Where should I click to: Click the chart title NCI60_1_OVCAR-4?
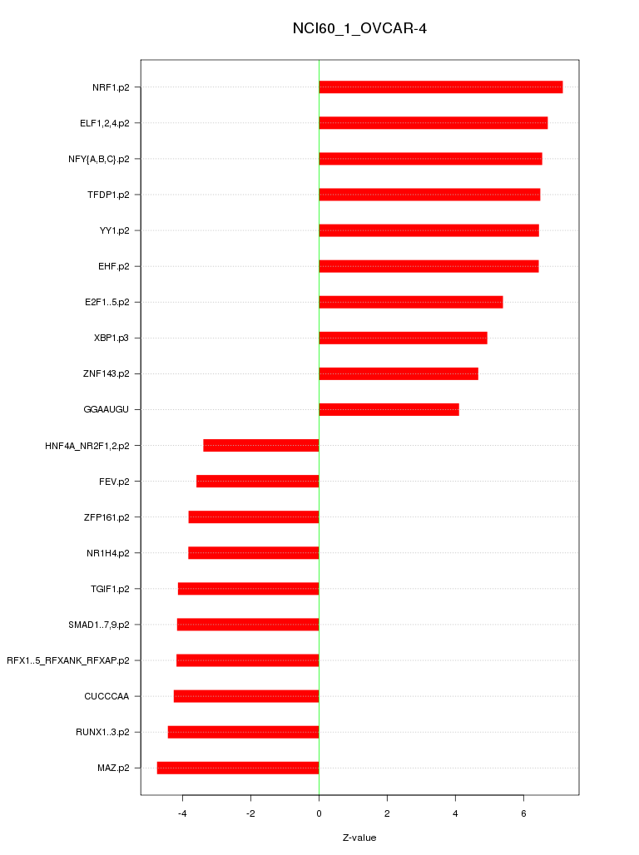359,29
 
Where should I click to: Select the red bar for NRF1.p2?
440,87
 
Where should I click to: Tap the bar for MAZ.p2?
238,768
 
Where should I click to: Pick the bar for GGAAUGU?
389,409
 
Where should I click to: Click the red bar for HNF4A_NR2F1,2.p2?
260,446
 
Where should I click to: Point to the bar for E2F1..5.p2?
410,302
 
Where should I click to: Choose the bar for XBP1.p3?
403,338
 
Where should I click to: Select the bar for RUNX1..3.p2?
243,732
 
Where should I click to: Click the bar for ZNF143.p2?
398,373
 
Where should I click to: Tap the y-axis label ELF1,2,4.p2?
104,123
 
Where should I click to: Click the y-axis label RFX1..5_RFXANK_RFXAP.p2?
67,660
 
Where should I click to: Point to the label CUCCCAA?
106,696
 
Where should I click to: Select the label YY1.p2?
114,230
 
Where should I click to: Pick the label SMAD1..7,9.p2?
98,625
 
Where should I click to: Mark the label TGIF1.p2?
110,589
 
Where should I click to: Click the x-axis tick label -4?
182,813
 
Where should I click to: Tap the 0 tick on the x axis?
319,813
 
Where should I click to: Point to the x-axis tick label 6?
523,813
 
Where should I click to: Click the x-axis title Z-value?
359,838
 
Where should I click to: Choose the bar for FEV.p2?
257,482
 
